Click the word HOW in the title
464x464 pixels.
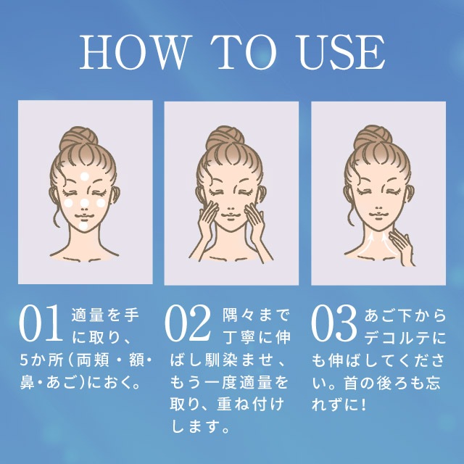coord(134,52)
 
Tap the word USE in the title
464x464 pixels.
coord(342,52)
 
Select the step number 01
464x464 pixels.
coord(41,323)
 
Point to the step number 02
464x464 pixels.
coord(188,323)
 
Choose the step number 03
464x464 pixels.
coord(333,323)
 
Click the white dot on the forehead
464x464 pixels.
coord(85,176)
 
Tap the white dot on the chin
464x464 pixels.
coord(84,226)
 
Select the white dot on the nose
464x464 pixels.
coord(85,203)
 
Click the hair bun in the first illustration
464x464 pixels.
coord(79,138)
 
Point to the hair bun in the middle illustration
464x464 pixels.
coord(225,137)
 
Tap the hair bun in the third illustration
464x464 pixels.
coord(373,136)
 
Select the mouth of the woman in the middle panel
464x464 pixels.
coord(231,215)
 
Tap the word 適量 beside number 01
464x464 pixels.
coord(87,315)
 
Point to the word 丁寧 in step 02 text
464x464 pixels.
coord(240,338)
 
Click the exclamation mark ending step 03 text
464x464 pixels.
coord(364,405)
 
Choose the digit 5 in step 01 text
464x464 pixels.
coord(24,360)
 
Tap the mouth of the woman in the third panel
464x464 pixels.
coord(378,215)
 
